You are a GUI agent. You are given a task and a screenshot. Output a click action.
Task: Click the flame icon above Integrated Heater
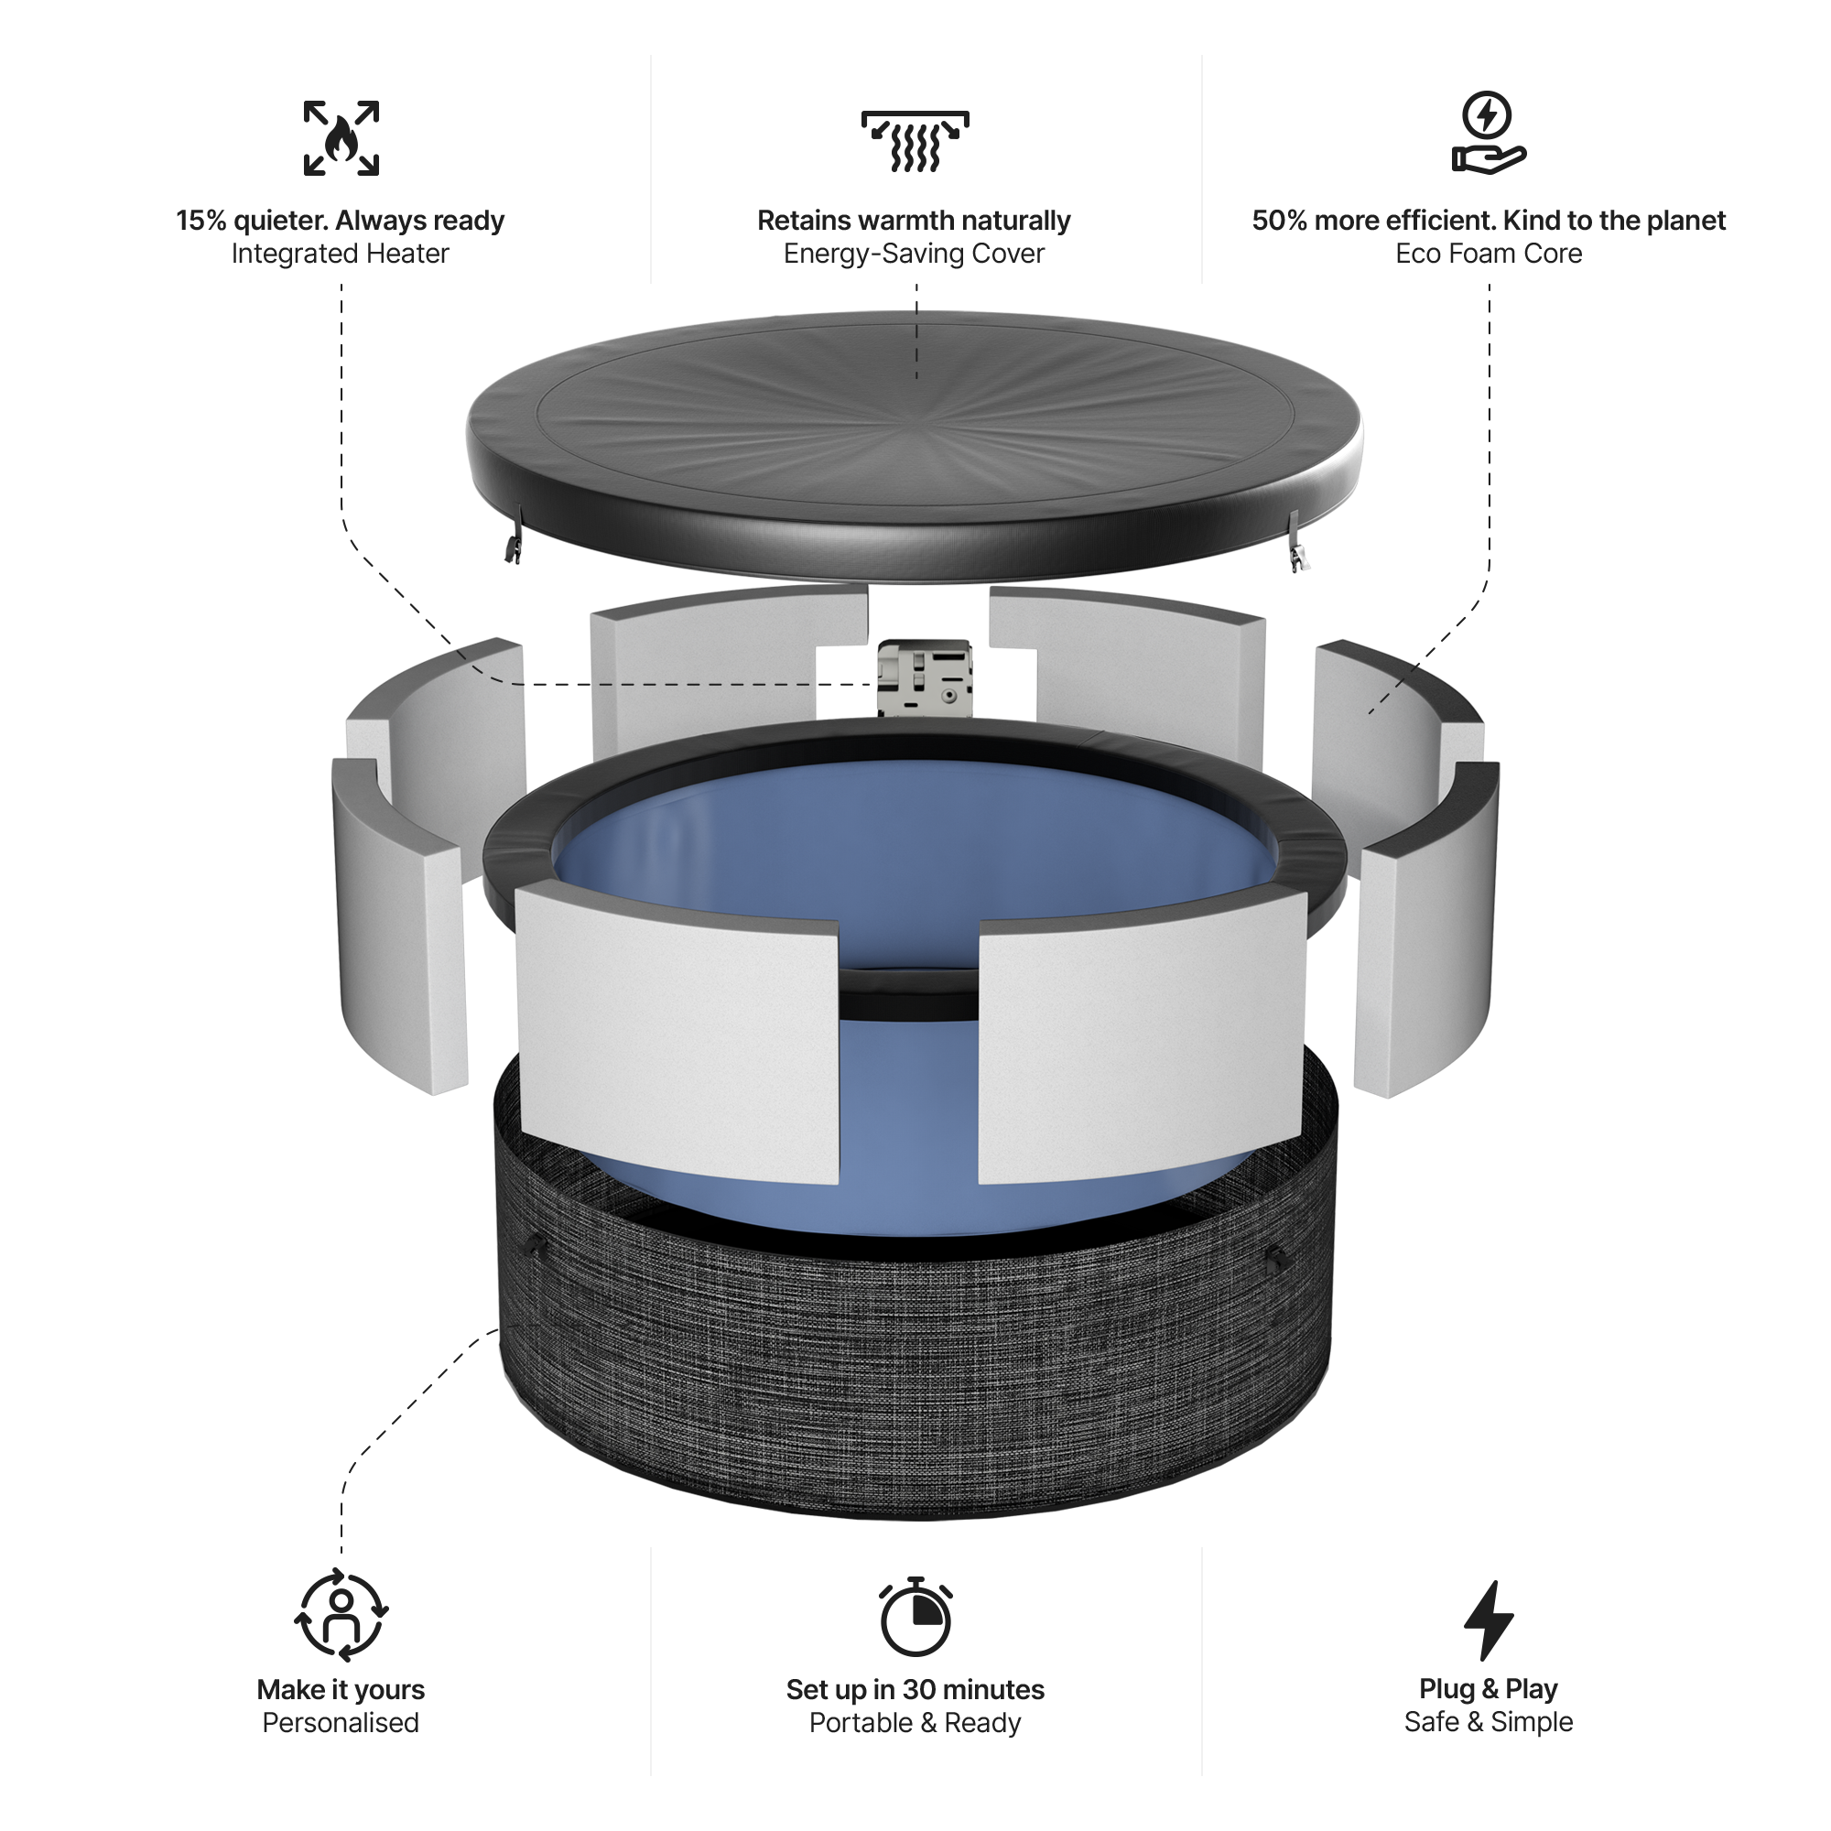tap(341, 138)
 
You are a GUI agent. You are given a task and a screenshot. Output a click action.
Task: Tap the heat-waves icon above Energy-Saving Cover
tap(915, 141)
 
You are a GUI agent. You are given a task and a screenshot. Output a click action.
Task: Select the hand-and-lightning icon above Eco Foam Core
tap(1488, 133)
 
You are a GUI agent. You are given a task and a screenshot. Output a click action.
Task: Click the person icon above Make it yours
tap(341, 1617)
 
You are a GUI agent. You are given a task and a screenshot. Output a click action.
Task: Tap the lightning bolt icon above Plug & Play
tap(1488, 1620)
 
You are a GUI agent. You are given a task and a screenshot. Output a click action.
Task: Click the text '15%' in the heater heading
tap(200, 221)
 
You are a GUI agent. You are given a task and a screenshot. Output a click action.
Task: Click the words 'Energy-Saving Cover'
tap(914, 254)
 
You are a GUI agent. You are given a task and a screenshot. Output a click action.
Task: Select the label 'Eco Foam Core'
tap(1488, 254)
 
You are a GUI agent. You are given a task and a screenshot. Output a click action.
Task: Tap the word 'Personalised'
tap(341, 1723)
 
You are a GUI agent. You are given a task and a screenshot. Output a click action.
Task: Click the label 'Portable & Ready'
tap(915, 1723)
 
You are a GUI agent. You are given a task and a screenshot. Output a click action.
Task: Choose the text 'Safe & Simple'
tap(1488, 1722)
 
